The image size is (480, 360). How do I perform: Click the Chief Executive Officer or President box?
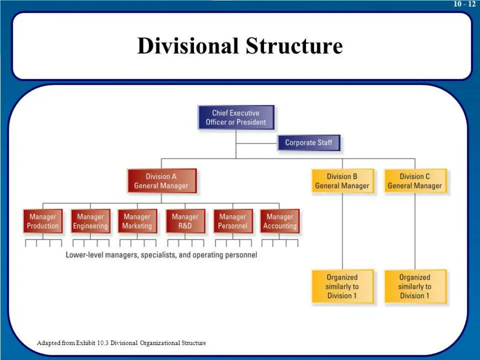pyautogui.click(x=236, y=118)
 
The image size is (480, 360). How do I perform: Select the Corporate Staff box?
pyautogui.click(x=308, y=143)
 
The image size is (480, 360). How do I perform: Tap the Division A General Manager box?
pyautogui.click(x=161, y=181)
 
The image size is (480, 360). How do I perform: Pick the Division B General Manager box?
pyautogui.click(x=342, y=181)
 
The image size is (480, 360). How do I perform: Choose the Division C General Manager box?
pyautogui.click(x=415, y=181)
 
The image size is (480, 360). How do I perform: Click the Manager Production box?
pyautogui.click(x=43, y=221)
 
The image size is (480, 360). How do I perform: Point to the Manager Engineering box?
pyautogui.click(x=90, y=221)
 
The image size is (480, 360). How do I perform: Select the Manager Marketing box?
pyautogui.click(x=137, y=221)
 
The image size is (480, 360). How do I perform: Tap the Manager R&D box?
pyautogui.click(x=185, y=221)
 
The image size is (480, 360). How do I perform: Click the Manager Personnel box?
pyautogui.click(x=232, y=221)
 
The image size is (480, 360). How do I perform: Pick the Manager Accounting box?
pyautogui.click(x=280, y=221)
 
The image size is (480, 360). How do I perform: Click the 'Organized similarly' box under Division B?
pyautogui.click(x=342, y=286)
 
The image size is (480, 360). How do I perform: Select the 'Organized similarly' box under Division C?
pyautogui.click(x=415, y=286)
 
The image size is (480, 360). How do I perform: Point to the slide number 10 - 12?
pyautogui.click(x=464, y=4)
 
